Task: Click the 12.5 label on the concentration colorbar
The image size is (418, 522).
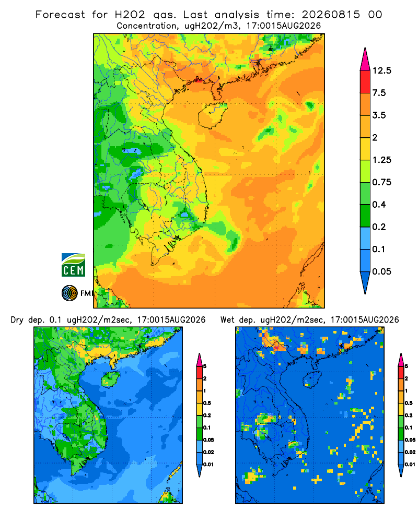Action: point(381,70)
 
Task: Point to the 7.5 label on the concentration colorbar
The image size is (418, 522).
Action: point(379,93)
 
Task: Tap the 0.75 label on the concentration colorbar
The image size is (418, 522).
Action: point(381,182)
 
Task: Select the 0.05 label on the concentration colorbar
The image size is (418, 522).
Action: point(381,271)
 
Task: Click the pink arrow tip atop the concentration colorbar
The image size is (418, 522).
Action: point(365,60)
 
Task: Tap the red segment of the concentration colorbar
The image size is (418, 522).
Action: point(365,82)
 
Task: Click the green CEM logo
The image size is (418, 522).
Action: point(73,265)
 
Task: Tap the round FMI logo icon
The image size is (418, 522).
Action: point(69,293)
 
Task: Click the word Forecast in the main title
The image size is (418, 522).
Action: point(60,15)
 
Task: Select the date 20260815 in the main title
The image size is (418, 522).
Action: point(331,15)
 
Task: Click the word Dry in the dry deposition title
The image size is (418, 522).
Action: point(17,320)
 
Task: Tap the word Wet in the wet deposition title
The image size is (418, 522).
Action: point(228,320)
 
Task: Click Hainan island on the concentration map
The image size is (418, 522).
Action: point(212,115)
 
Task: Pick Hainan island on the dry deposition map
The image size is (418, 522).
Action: point(110,379)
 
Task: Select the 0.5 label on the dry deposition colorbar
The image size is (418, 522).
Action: point(207,403)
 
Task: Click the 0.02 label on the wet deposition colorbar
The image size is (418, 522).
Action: point(410,452)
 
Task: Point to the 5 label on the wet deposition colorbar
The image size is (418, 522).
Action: point(406,366)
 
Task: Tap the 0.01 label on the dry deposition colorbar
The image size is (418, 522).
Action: point(208,465)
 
